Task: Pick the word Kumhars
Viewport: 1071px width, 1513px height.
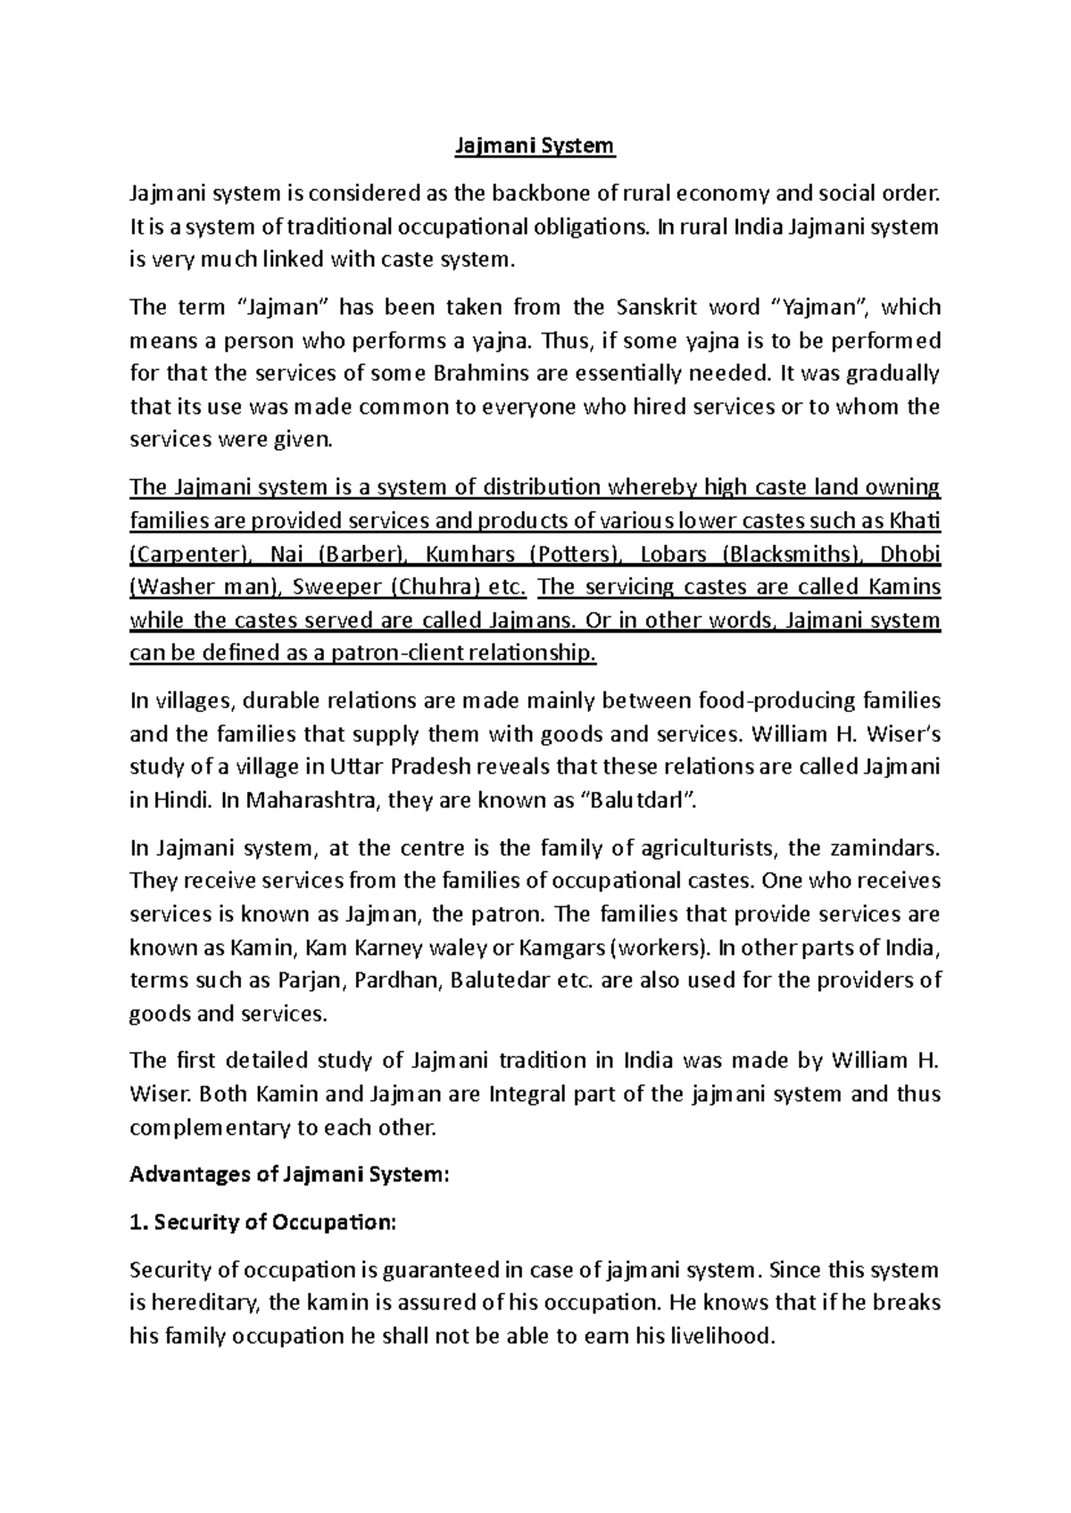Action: (471, 555)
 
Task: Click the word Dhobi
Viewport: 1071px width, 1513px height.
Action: (910, 555)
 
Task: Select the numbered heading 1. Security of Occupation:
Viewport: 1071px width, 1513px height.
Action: (262, 1223)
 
